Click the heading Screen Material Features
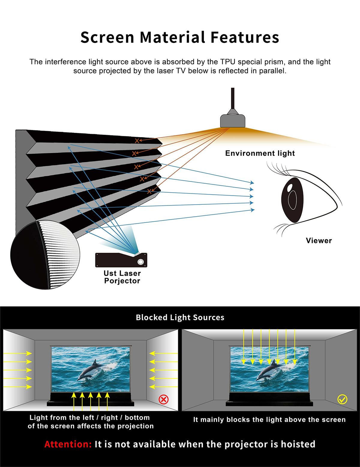[180, 37]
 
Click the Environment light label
[260, 153]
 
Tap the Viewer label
[319, 241]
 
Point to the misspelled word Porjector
[122, 281]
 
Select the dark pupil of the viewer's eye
[292, 200]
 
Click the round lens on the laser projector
[141, 262]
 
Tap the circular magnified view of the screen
[45, 255]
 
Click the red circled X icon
[163, 400]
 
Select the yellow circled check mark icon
[342, 399]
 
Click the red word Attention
[68, 444]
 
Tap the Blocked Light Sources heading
[180, 318]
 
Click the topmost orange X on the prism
[137, 141]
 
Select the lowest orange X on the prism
[149, 191]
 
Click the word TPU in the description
[228, 62]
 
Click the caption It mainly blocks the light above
[269, 419]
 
